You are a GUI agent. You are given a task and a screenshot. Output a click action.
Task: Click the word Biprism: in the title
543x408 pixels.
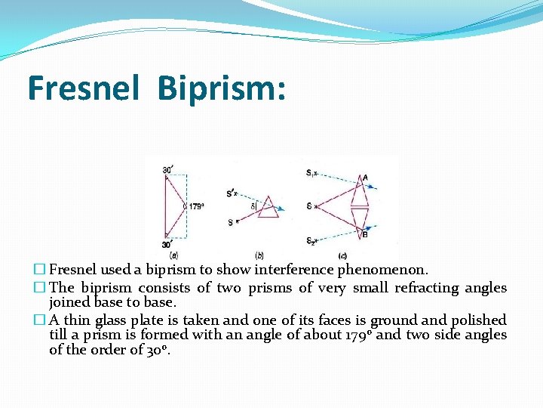pyautogui.click(x=222, y=88)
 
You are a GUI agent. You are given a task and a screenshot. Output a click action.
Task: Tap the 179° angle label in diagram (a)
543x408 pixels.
pyautogui.click(x=196, y=206)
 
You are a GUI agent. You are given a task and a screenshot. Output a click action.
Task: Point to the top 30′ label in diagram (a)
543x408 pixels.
pyautogui.click(x=167, y=170)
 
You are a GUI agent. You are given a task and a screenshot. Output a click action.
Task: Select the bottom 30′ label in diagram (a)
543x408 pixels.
pyautogui.click(x=167, y=244)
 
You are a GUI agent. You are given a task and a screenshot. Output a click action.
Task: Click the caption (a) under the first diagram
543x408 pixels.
pyautogui.click(x=174, y=255)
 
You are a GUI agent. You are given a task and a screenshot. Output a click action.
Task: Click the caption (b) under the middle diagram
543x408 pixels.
pyautogui.click(x=259, y=255)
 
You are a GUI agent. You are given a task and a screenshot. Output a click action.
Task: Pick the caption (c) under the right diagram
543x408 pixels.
pyautogui.click(x=342, y=255)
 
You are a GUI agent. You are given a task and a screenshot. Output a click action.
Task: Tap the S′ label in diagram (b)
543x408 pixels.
pyautogui.click(x=230, y=193)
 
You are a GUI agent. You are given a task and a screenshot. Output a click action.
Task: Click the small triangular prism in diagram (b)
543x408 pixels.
pyautogui.click(x=268, y=209)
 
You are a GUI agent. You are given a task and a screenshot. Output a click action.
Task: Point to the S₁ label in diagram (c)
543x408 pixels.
pyautogui.click(x=311, y=174)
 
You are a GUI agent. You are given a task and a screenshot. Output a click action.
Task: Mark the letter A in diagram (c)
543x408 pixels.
pyautogui.click(x=365, y=178)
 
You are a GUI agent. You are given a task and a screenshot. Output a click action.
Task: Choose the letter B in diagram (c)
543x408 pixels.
pyautogui.click(x=365, y=235)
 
